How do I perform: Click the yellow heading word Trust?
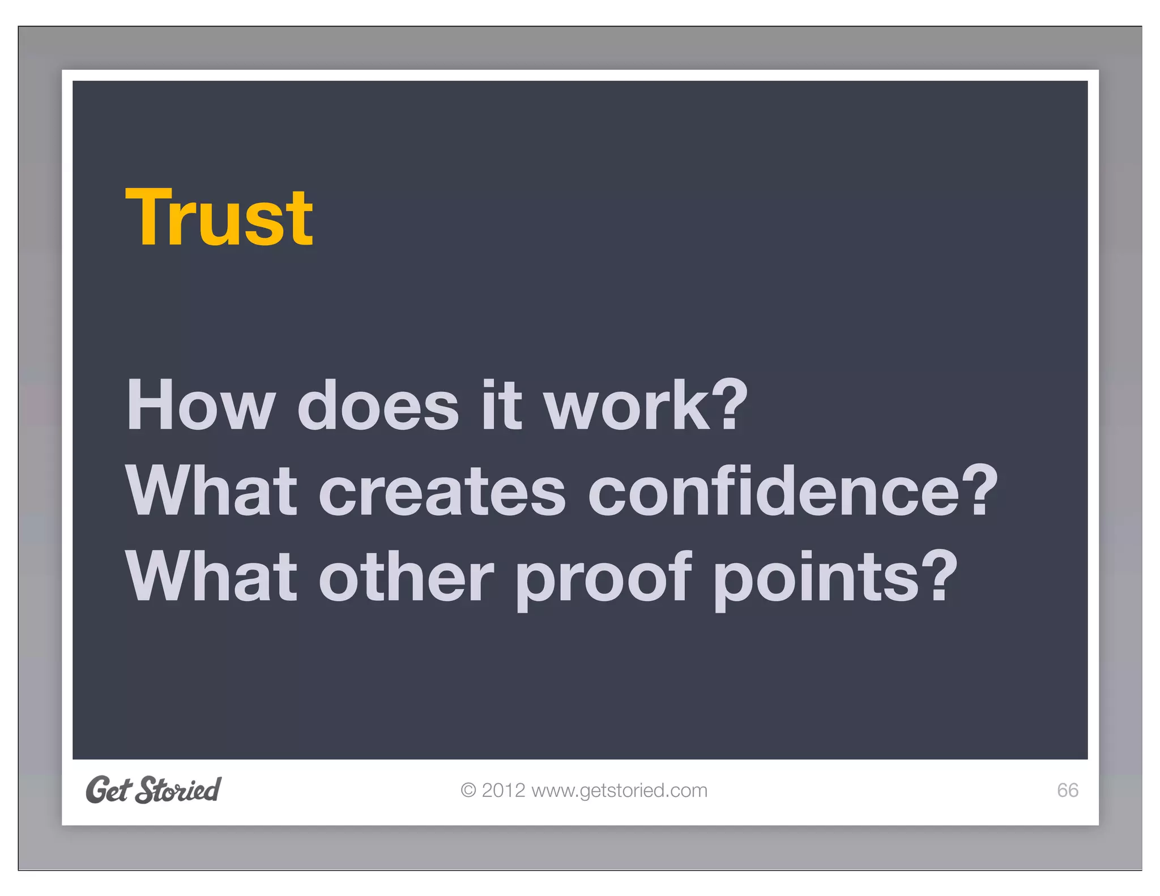coord(219,218)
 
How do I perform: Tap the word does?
coord(378,405)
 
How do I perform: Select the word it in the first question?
coord(501,405)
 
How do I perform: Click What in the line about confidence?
coord(211,491)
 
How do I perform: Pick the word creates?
coord(442,491)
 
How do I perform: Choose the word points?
coord(816,578)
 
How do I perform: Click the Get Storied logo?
coord(153,790)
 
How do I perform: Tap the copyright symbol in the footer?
coord(468,790)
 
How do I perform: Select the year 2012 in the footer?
coord(504,790)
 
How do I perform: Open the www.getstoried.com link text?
coord(620,791)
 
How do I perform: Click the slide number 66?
coord(1067,790)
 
